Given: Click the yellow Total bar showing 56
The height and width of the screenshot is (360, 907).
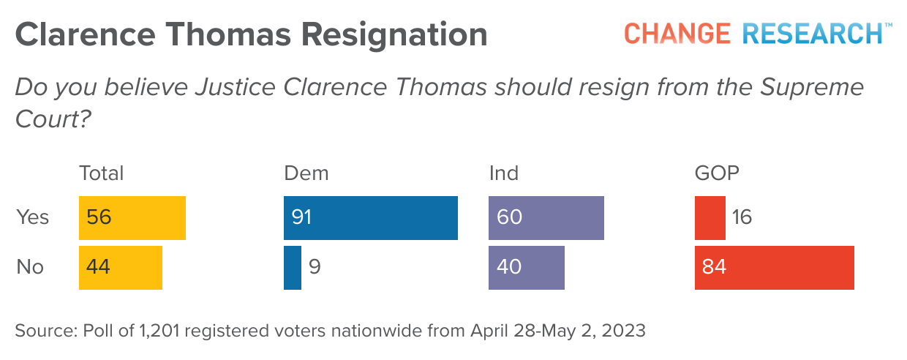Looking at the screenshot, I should click(x=132, y=218).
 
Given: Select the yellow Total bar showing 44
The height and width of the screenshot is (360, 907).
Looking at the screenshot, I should click(x=120, y=268).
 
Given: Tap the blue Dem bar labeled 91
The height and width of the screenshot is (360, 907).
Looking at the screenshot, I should click(x=370, y=218).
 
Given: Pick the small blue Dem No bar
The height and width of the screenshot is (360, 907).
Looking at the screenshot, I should click(x=293, y=268).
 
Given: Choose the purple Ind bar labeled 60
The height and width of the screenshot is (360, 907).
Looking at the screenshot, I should click(x=546, y=218).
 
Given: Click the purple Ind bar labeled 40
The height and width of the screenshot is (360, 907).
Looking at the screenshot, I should click(x=526, y=268).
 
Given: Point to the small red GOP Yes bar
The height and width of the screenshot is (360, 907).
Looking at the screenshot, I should click(x=710, y=218).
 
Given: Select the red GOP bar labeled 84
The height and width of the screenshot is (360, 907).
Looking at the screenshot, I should click(x=774, y=268).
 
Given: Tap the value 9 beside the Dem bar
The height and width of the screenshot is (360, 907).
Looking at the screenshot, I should click(x=315, y=268).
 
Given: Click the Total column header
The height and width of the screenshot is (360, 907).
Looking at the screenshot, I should click(x=101, y=173).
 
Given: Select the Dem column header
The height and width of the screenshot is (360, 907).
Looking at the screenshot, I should click(x=306, y=173).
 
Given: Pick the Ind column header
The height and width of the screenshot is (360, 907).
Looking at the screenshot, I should click(x=503, y=173).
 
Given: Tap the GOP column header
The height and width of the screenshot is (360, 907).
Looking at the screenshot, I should click(x=717, y=173).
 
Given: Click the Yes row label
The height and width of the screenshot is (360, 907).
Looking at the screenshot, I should click(x=32, y=218).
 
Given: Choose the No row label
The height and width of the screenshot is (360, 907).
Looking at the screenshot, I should click(x=30, y=268).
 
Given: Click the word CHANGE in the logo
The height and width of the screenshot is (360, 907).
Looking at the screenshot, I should click(x=677, y=34).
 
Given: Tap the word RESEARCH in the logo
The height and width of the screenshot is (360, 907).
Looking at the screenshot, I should click(x=812, y=34).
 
